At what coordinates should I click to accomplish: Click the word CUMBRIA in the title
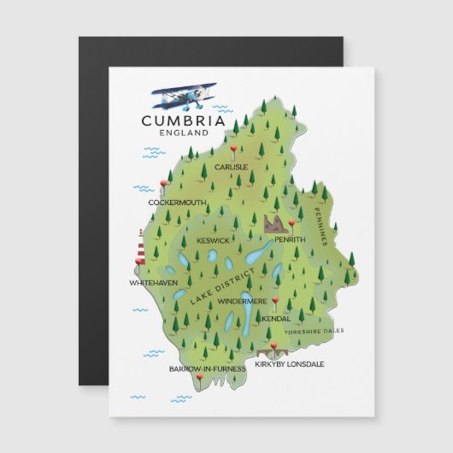[184, 121]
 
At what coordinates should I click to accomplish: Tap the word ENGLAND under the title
[184, 133]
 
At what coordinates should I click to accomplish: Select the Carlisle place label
[231, 168]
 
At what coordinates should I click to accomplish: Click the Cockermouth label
[177, 203]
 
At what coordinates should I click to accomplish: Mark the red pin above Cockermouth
[163, 184]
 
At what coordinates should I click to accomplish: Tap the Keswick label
[213, 240]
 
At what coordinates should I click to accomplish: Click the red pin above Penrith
[291, 225]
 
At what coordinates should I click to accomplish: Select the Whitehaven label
[153, 282]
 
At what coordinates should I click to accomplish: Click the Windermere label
[243, 302]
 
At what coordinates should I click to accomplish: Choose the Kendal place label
[276, 319]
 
